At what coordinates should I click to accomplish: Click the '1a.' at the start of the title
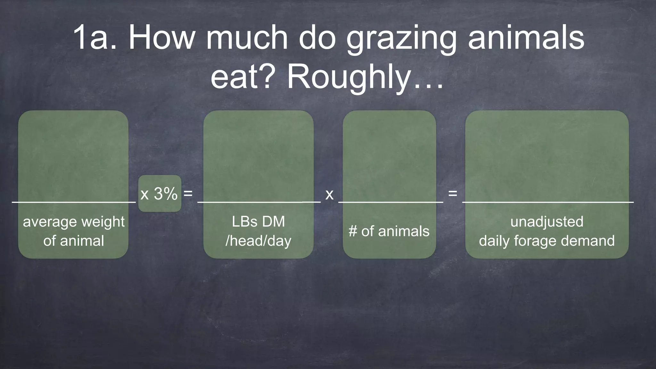tap(95, 38)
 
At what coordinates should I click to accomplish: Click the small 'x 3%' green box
tap(160, 193)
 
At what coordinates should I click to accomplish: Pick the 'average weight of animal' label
tap(74, 231)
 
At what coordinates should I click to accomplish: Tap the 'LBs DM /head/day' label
tap(258, 231)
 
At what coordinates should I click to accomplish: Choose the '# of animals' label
tap(389, 231)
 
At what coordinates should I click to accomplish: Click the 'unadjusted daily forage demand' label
tap(547, 231)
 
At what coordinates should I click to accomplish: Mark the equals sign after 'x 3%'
tap(188, 193)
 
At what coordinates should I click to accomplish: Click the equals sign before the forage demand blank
tap(452, 193)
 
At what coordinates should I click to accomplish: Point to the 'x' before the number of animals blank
tap(329, 194)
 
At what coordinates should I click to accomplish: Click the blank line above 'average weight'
tap(74, 202)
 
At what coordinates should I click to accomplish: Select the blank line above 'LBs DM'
tap(259, 202)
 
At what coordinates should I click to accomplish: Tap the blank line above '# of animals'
tap(391, 202)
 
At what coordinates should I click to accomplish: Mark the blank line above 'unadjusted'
tap(548, 202)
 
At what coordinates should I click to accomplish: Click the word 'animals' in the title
tap(526, 38)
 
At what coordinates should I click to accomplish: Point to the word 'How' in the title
tap(162, 38)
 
